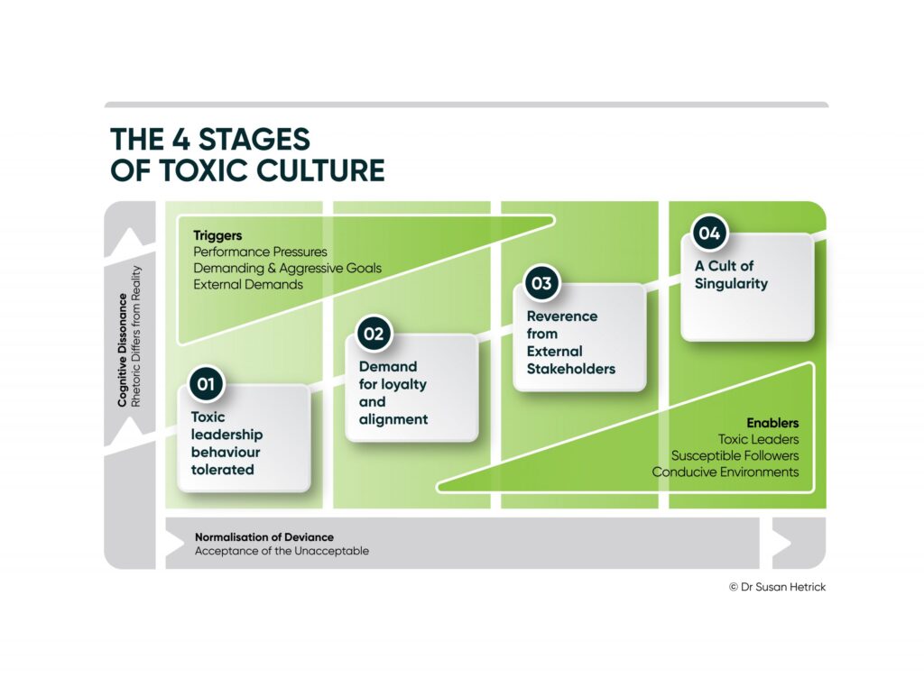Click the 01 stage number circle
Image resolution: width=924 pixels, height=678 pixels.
point(206,384)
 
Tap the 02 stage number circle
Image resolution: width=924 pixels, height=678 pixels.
point(374,334)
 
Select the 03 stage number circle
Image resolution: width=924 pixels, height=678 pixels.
point(541,283)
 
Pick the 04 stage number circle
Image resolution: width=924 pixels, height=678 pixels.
point(709,233)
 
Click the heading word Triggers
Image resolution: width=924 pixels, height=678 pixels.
point(217,235)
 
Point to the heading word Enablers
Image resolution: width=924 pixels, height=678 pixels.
point(772,423)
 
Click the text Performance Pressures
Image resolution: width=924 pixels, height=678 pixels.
point(260,252)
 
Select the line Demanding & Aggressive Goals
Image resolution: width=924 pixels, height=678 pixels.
point(287,269)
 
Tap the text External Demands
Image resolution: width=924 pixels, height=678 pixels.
point(248,284)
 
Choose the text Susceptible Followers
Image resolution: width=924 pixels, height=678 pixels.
point(735,455)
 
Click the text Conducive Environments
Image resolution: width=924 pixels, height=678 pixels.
point(725,472)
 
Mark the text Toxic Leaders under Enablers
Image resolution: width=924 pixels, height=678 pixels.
point(758,439)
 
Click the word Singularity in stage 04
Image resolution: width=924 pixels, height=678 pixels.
point(731,284)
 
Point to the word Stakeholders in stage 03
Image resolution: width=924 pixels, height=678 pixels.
point(571,369)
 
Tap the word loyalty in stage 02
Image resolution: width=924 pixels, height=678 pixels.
point(403,385)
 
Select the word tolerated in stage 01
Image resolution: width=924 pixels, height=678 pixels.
point(222,470)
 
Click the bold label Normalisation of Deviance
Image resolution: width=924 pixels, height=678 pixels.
point(264,537)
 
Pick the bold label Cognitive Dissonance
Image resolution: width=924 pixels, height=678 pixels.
point(123,350)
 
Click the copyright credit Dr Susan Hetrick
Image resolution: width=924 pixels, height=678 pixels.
point(777,587)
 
